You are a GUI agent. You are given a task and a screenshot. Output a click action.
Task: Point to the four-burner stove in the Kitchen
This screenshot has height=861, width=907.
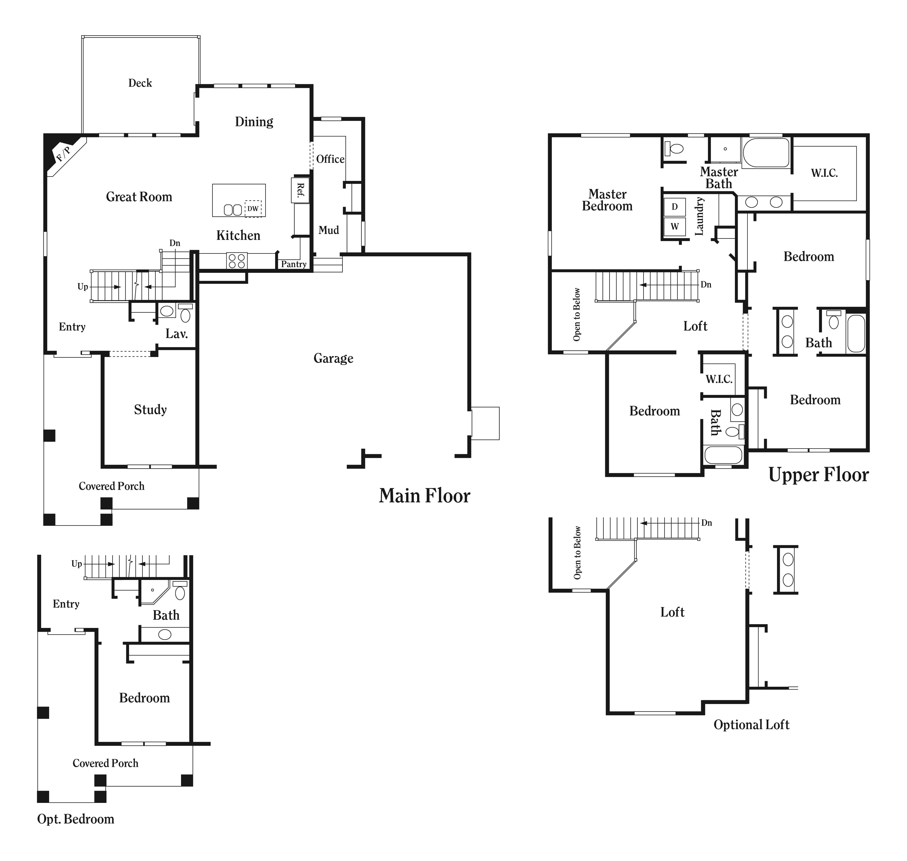tap(237, 261)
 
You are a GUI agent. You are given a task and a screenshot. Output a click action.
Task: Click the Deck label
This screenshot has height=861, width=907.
tap(140, 83)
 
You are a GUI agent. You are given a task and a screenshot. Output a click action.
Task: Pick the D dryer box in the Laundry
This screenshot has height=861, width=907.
tap(674, 206)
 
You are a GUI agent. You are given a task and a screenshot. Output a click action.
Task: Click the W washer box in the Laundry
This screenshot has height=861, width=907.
tap(674, 226)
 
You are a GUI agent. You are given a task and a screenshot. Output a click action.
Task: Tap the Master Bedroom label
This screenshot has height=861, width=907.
tap(607, 200)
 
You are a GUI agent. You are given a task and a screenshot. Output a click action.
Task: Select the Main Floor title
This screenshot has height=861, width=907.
tap(424, 496)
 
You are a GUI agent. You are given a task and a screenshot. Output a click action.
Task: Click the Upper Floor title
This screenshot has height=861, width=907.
tap(818, 475)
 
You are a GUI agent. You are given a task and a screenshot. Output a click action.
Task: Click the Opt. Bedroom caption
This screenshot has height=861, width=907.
tap(76, 819)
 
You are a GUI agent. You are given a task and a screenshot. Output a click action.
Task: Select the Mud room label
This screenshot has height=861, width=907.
tap(328, 230)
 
